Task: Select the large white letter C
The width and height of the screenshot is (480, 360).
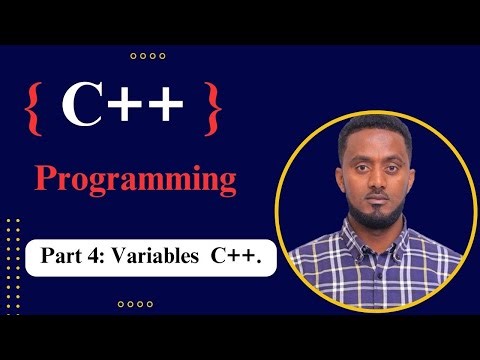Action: (82, 106)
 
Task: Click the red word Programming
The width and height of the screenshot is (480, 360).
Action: (136, 180)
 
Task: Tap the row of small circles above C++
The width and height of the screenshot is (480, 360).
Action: (148, 56)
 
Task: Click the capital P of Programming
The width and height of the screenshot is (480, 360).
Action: (46, 180)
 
